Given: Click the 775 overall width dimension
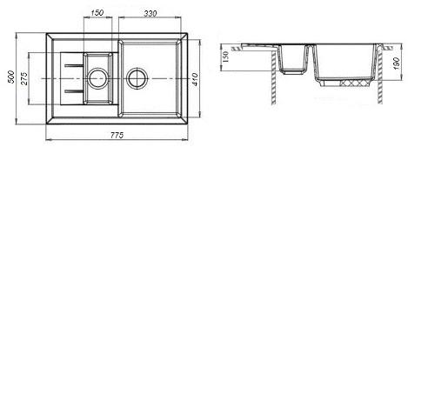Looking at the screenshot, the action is click(117, 135).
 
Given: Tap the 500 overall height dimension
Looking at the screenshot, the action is click(11, 77).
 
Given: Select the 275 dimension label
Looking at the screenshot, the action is click(24, 78).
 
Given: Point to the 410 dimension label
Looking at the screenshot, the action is click(195, 79).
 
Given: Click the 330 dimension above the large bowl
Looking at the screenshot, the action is click(151, 13).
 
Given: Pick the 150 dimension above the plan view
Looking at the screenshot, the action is click(97, 13).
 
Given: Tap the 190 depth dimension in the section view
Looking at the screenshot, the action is click(397, 64).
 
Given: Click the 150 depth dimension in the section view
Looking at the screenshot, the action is click(226, 57).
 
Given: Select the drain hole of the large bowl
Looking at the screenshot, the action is click(137, 78).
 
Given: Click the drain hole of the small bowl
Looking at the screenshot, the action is click(97, 78).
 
